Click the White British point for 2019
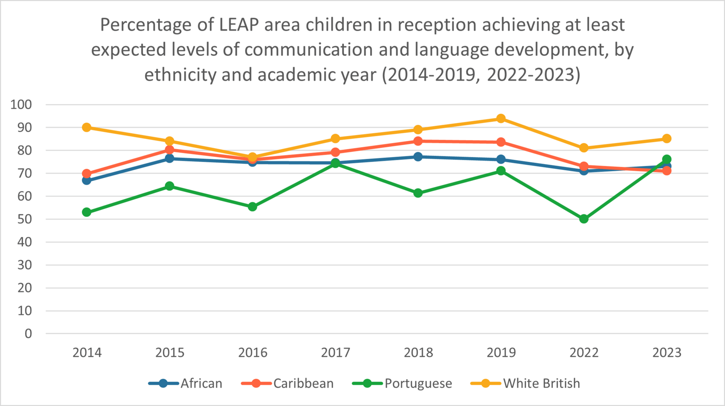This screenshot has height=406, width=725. tap(501, 118)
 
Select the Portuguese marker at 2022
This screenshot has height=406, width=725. tap(584, 219)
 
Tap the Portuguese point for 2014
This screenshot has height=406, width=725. tap(87, 212)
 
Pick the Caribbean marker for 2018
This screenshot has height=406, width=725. tap(418, 141)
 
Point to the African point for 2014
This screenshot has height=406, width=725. tap(87, 180)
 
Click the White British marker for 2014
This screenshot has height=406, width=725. tap(87, 127)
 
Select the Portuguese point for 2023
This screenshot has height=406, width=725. tap(667, 159)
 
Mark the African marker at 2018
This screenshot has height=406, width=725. tap(418, 157)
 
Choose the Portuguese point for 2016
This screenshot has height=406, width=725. tap(252, 207)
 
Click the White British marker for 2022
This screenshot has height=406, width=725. tap(584, 148)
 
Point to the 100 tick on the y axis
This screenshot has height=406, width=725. tap(21, 105)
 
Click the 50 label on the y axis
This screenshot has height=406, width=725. tap(25, 219)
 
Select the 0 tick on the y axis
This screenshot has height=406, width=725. tap(28, 333)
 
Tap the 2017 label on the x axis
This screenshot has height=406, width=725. tap(335, 353)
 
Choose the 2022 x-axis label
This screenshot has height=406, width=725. tap(584, 353)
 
